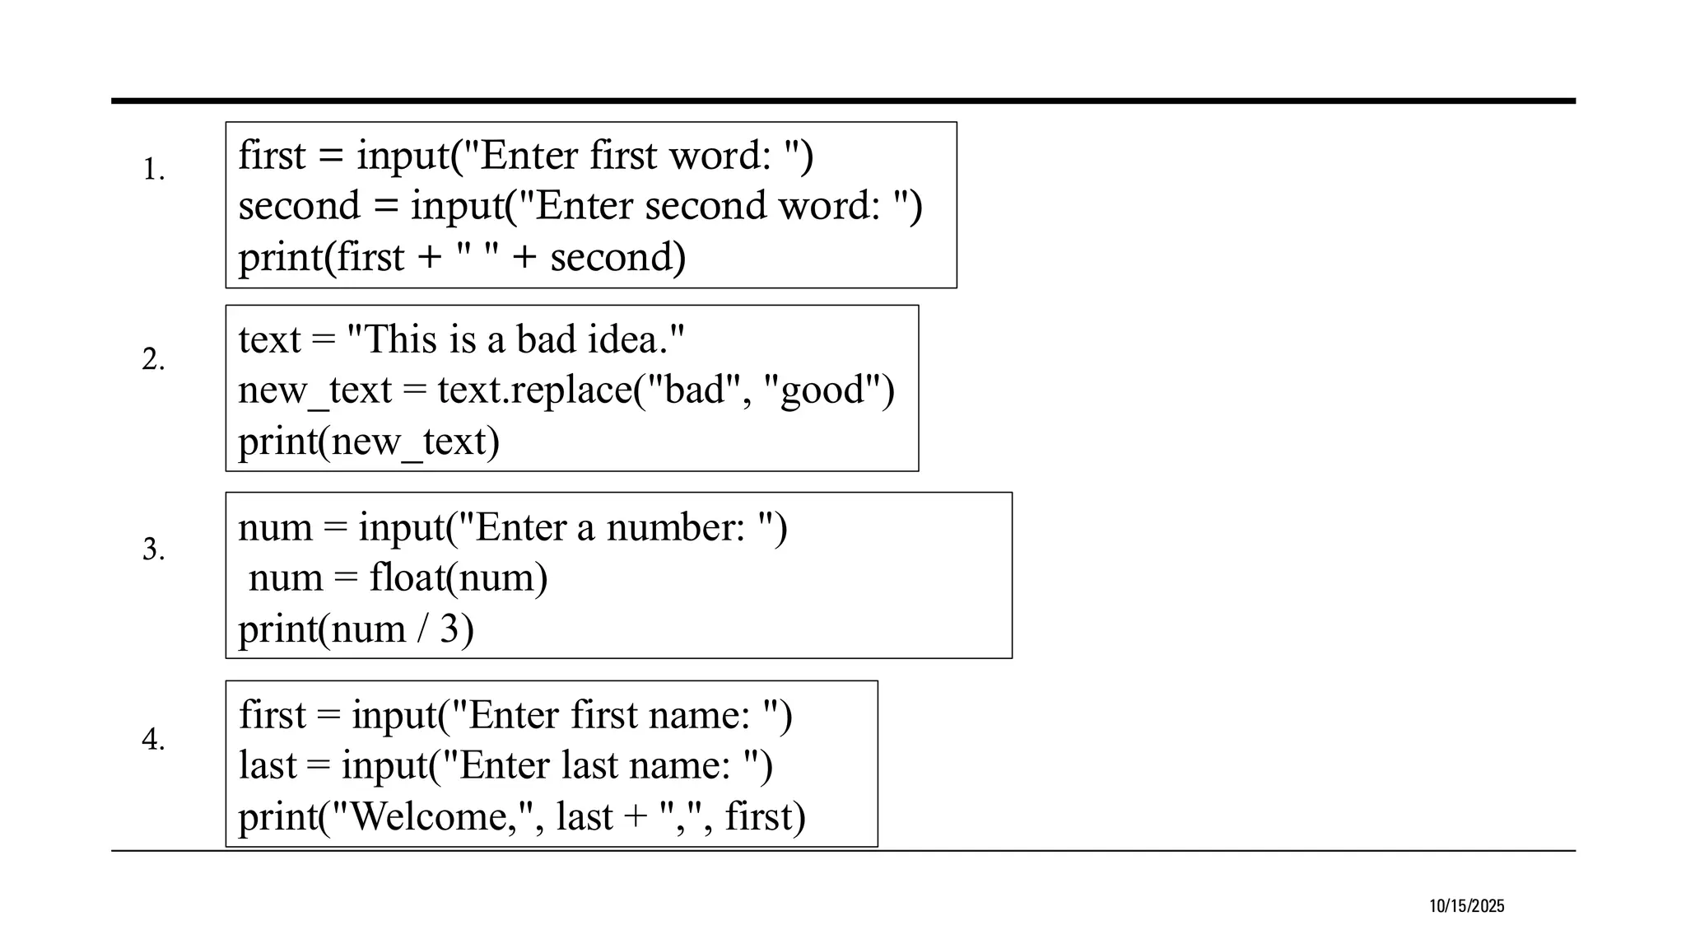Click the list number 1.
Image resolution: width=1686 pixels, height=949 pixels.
tap(153, 170)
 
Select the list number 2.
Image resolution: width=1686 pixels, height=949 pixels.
tap(153, 359)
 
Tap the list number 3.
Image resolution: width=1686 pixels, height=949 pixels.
tap(153, 549)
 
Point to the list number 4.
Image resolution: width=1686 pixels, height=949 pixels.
tap(153, 739)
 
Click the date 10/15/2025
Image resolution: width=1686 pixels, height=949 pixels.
tap(1466, 906)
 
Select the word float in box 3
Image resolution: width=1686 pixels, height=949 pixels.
tap(407, 577)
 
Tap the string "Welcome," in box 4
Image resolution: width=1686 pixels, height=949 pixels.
tap(429, 817)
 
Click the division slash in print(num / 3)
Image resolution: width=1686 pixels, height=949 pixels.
tap(423, 629)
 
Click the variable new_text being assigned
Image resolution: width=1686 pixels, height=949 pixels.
tap(314, 390)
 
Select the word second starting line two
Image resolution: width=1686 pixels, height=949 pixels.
tap(299, 206)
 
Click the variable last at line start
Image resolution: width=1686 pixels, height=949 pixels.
tap(267, 765)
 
